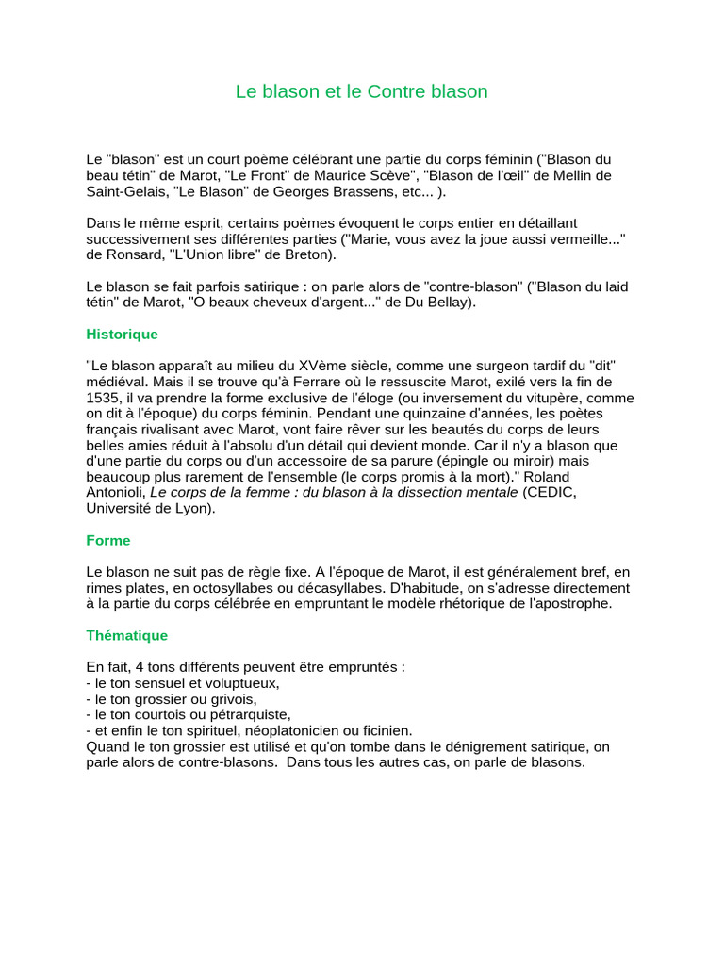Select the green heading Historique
[x=122, y=335]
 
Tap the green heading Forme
[x=107, y=541]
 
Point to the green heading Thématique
[x=126, y=636]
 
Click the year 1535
[x=102, y=398]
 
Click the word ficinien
[x=381, y=730]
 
